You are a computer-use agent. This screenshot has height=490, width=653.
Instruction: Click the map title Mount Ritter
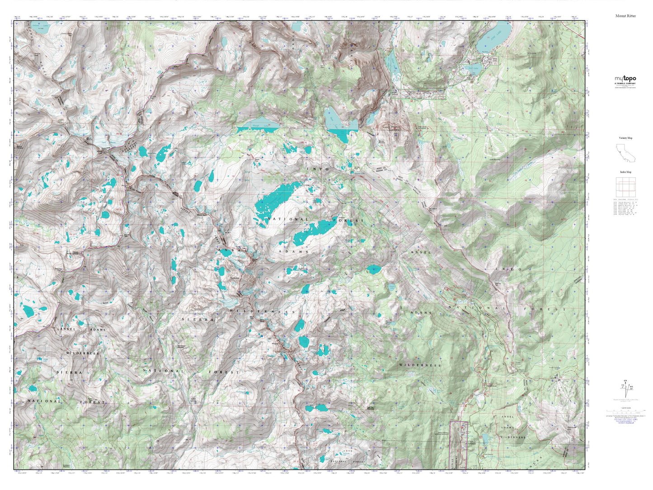coord(625,16)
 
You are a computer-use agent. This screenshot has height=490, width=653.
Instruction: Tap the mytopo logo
coord(625,79)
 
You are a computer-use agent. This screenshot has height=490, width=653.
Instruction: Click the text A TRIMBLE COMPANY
coord(625,84)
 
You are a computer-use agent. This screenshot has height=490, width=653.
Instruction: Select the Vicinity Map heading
coord(625,138)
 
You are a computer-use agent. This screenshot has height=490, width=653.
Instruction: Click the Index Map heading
coord(625,172)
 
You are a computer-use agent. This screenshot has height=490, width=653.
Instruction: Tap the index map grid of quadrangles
coord(625,187)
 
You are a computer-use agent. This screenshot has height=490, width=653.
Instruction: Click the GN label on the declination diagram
coord(625,381)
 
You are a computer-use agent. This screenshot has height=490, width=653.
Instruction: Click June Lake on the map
coord(495,34)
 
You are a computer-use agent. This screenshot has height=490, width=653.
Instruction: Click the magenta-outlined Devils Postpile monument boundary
coord(459,445)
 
